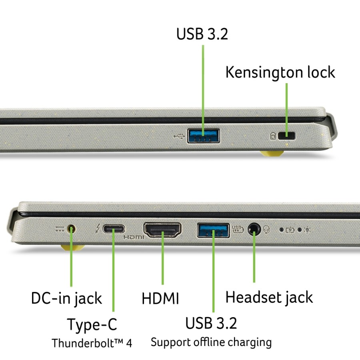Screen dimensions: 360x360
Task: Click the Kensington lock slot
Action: click(286, 136)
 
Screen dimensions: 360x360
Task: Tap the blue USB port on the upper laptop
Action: click(203, 136)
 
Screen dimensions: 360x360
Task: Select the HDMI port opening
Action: click(162, 230)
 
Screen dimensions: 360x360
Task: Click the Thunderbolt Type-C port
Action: click(114, 229)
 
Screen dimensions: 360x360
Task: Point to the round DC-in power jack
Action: click(71, 229)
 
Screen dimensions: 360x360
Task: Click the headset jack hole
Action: click(254, 229)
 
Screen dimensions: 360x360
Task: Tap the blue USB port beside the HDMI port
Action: click(213, 230)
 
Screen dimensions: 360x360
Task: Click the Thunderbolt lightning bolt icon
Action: click(98, 229)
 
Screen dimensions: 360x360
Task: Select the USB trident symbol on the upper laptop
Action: click(179, 136)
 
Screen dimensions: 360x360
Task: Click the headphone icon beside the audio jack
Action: click(266, 229)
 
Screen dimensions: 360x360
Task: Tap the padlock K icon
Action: click(272, 136)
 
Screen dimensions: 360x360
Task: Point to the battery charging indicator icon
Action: click(290, 230)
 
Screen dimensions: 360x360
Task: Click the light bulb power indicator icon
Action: click(307, 230)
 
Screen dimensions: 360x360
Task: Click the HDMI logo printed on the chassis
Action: click(134, 237)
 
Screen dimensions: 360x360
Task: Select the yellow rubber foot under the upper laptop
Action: click(272, 153)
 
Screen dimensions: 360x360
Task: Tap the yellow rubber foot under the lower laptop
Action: click(72, 248)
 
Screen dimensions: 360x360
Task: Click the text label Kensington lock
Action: click(280, 72)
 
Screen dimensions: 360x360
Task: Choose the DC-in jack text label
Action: click(66, 299)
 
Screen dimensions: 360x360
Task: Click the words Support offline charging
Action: click(211, 342)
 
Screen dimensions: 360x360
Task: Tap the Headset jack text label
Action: click(269, 297)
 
